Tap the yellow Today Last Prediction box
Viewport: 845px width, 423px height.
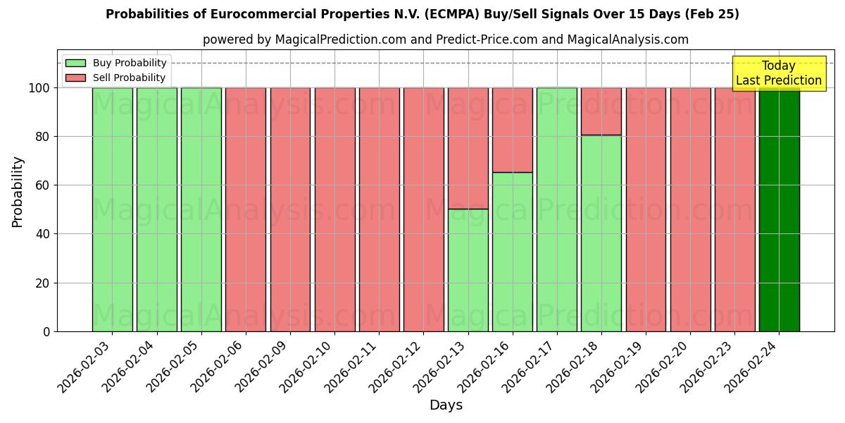point(778,73)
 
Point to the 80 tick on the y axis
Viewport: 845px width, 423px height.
point(42,137)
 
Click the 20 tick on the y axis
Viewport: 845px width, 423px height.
point(42,283)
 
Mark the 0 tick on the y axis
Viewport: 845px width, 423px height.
point(46,332)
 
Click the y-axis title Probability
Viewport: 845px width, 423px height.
point(18,192)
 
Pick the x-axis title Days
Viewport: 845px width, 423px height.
point(446,405)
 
